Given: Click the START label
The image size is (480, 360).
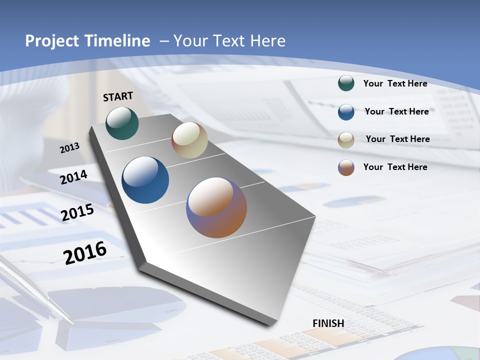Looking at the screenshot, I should [x=118, y=96].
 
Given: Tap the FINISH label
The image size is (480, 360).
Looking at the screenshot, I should [x=328, y=323].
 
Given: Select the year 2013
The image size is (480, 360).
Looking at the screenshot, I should [x=70, y=147].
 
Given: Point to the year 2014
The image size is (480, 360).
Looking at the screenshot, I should [x=74, y=177].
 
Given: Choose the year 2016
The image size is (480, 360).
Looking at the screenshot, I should [x=85, y=252].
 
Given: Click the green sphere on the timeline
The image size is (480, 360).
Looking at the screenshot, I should [x=122, y=123].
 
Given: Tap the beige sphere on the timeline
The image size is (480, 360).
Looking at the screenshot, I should [x=189, y=140].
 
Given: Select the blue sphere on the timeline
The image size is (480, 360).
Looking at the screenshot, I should [x=145, y=180].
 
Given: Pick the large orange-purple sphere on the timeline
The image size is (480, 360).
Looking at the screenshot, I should [x=216, y=207].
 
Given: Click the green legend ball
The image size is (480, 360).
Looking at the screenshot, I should [x=346, y=83].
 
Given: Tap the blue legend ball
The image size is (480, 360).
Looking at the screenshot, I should [x=346, y=111].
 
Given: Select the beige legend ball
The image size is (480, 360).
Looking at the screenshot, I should [x=346, y=139].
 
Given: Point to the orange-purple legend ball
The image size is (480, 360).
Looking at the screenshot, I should [x=346, y=167].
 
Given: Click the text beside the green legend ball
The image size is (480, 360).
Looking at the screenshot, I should [x=395, y=83].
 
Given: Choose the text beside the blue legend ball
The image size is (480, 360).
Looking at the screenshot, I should [x=396, y=111].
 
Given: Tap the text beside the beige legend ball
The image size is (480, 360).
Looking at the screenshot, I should [x=397, y=139].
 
